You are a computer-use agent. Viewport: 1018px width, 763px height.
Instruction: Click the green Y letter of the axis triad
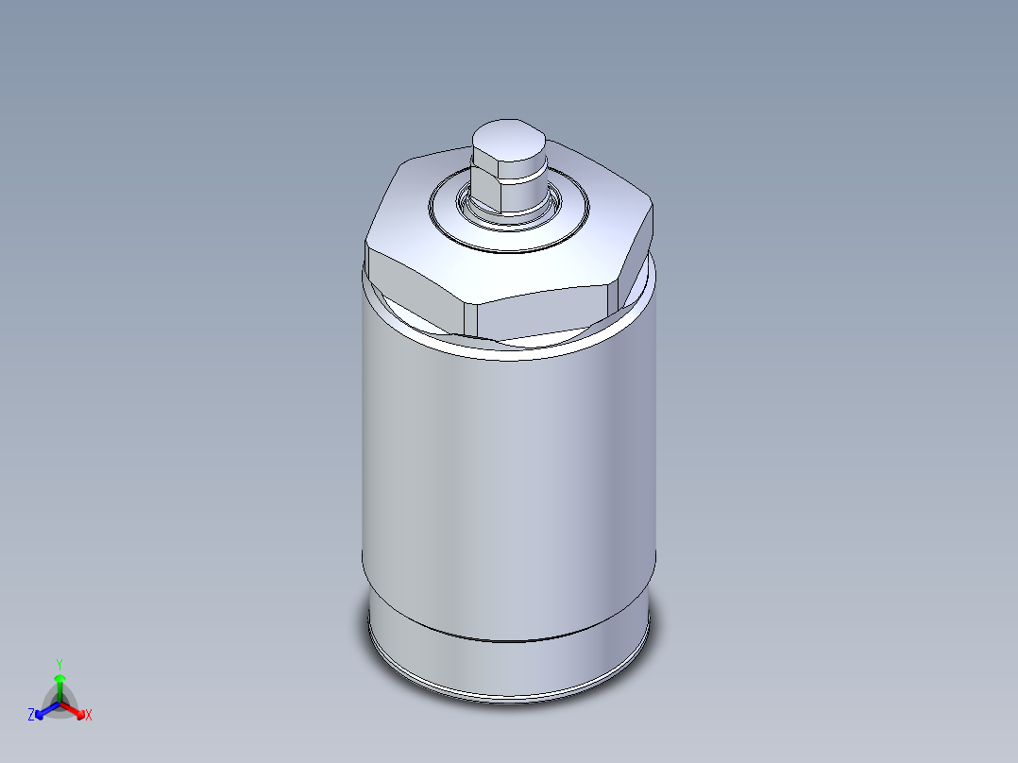click(59, 664)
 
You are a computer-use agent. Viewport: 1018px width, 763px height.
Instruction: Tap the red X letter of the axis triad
click(89, 716)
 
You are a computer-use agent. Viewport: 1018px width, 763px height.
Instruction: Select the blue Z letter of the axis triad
click(31, 716)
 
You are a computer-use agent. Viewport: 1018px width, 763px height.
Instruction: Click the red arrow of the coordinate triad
click(76, 709)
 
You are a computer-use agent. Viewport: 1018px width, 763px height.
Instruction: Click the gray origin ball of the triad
click(59, 704)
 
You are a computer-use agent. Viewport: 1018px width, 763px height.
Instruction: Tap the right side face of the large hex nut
click(637, 264)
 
